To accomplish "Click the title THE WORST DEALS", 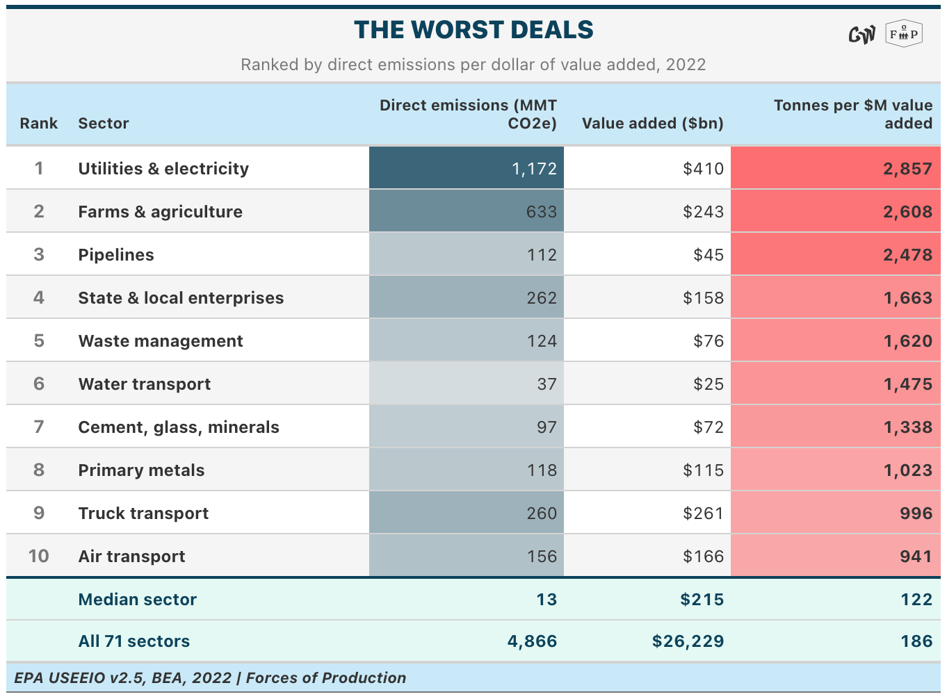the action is point(473,30).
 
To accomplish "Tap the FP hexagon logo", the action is point(904,33).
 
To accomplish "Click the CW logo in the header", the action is point(861,35).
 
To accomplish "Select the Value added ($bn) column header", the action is point(652,123).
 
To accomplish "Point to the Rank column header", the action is point(38,123).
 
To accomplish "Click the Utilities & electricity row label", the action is point(163,169).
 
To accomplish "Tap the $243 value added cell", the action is point(703,212).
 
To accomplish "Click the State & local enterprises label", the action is point(181,298).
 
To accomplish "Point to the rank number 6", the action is point(39,384).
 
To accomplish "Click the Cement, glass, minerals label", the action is point(179,427).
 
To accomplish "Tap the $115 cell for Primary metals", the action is point(703,470).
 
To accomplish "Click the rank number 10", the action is point(38,556).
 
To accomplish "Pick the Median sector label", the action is point(138,600).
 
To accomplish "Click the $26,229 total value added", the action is point(688,641).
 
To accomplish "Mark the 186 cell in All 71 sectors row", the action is point(916,641).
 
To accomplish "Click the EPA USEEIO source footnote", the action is point(210,677).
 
